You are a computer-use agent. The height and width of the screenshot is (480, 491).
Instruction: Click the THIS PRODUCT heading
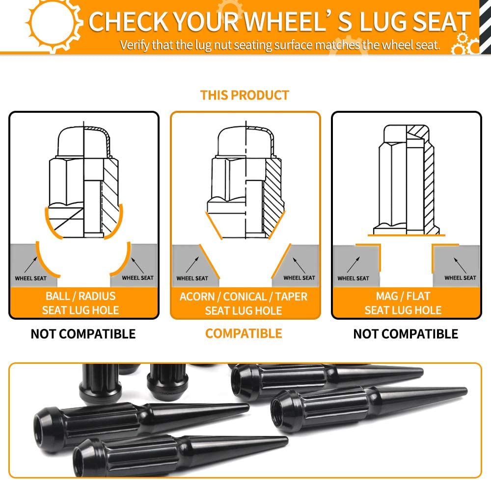(x=245, y=95)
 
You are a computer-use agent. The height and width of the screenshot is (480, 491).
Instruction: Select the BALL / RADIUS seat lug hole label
(x=81, y=303)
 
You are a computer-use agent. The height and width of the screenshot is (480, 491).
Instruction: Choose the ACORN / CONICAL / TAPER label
(x=244, y=297)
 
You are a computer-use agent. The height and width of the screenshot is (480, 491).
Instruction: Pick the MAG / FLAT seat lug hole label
(x=403, y=303)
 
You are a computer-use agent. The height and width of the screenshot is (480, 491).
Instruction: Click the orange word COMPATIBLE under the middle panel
(x=244, y=333)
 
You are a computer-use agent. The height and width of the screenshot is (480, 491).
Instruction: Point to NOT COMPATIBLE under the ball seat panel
(x=83, y=334)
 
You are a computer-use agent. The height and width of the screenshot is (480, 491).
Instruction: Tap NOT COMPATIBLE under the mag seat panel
(x=406, y=334)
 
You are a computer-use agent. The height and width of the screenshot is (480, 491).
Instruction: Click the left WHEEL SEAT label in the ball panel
(x=30, y=278)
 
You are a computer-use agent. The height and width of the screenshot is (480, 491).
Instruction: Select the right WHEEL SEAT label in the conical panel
(x=300, y=278)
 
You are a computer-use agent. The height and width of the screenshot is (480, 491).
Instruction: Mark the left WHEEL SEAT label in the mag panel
(x=353, y=278)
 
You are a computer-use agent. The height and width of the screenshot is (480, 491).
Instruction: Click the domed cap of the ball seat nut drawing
(x=83, y=141)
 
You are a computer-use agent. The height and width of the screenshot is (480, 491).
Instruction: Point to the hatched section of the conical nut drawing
(x=273, y=197)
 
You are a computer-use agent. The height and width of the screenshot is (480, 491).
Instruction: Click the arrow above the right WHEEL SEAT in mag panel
(x=460, y=265)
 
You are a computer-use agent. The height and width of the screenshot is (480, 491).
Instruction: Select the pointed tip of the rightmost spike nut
(x=466, y=390)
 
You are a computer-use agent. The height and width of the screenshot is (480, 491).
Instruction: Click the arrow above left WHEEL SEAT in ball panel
(x=30, y=265)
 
